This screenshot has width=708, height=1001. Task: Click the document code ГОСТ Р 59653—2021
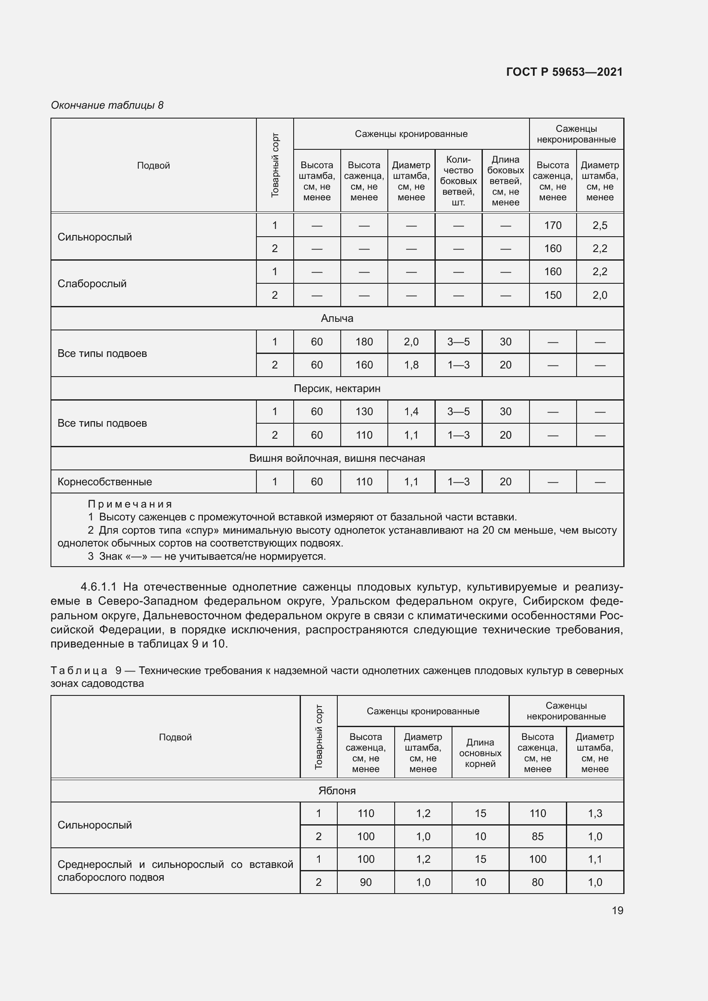(x=564, y=72)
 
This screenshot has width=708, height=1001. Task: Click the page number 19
(x=617, y=910)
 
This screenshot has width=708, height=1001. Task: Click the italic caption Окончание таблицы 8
(x=107, y=105)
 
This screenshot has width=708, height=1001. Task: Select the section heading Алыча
(x=337, y=318)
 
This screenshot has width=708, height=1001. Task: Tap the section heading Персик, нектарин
(x=337, y=388)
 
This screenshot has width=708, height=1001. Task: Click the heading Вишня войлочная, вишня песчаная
(x=337, y=458)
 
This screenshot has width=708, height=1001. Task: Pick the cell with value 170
(x=552, y=226)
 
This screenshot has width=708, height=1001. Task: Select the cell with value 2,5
(x=599, y=226)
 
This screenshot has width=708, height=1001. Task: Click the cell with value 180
(x=364, y=342)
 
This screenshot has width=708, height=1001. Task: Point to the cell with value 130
(x=364, y=412)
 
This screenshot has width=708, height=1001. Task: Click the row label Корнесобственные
(x=104, y=482)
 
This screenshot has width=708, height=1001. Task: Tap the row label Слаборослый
(x=92, y=283)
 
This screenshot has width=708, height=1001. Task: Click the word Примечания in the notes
(x=130, y=504)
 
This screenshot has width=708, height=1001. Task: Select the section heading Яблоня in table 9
(x=337, y=790)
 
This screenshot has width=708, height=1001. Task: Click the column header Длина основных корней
(x=480, y=753)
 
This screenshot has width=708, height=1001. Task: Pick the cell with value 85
(x=537, y=836)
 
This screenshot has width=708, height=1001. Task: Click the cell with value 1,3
(x=595, y=813)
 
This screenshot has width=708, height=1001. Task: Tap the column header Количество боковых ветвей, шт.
(x=458, y=181)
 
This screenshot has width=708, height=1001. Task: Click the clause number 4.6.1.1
(x=98, y=587)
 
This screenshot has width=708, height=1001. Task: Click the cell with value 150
(x=552, y=295)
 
